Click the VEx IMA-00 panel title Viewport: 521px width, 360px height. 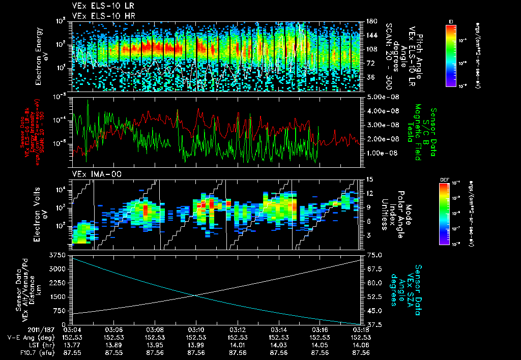[x=92, y=174]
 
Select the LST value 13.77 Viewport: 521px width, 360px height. [x=72, y=345]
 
